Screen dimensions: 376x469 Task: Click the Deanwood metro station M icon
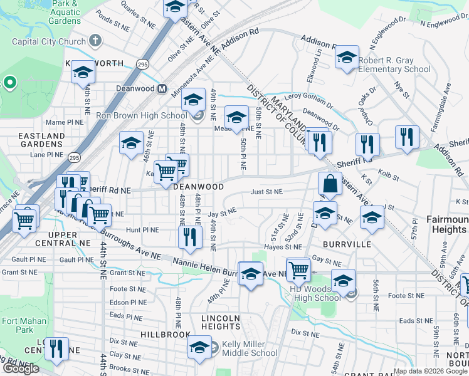[162, 89]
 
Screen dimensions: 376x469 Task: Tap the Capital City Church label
[49, 42]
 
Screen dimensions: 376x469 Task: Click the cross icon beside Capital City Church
[95, 42]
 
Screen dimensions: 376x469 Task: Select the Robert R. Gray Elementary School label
[394, 65]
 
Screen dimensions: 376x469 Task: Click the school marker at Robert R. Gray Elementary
[346, 58]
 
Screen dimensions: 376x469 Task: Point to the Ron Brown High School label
[141, 115]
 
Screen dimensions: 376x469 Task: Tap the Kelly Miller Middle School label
[249, 348]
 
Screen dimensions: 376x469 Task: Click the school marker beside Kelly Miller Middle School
[200, 347]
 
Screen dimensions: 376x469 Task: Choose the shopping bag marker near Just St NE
[330, 185]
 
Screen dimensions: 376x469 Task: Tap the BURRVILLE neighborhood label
[344, 244]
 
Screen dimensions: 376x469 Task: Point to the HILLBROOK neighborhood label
[166, 335]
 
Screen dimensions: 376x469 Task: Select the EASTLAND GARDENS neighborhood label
[41, 140]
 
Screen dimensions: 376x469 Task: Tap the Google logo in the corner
[21, 368]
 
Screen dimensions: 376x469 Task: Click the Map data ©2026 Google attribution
[431, 371]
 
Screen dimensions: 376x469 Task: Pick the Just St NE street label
[266, 192]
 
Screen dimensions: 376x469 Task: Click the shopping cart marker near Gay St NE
[298, 269]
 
